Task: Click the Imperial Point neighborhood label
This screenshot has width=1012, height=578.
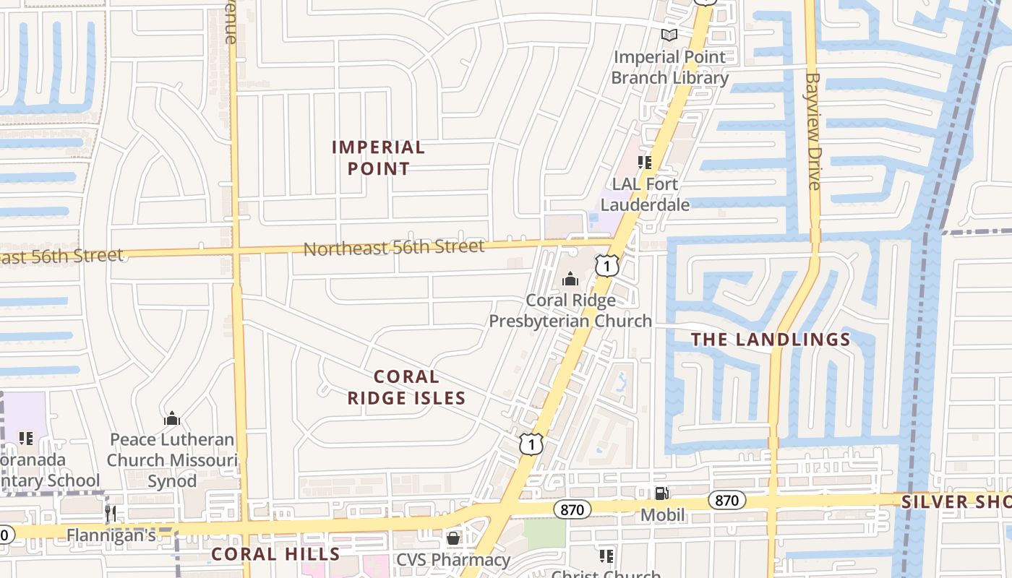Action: tap(378, 158)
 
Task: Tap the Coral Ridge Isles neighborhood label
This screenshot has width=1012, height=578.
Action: tap(406, 387)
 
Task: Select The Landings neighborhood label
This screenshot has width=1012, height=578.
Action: tap(771, 340)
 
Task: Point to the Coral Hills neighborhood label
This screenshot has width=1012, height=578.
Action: tap(275, 554)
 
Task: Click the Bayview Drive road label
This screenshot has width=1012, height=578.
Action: tap(813, 131)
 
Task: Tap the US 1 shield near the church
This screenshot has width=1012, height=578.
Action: tap(607, 266)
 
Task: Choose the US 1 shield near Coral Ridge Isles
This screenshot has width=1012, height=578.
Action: tap(531, 444)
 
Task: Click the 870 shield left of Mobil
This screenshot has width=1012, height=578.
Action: tap(572, 509)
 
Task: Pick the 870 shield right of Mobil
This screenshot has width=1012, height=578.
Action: tap(726, 500)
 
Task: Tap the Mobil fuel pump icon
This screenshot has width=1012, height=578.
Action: tap(661, 493)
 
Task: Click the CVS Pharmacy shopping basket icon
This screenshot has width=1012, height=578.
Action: tap(453, 538)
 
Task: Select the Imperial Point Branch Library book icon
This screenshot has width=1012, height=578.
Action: tap(669, 35)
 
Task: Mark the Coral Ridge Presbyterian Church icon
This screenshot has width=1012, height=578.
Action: tap(570, 279)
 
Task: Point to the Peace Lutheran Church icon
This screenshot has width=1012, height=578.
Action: tap(172, 418)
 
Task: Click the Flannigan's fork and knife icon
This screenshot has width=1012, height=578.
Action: tap(111, 514)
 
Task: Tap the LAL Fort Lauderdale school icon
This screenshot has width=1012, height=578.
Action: tap(644, 163)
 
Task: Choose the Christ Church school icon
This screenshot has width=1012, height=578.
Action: tap(606, 556)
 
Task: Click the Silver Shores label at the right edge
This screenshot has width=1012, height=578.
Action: tap(956, 501)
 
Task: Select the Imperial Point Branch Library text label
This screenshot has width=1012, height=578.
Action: tap(669, 67)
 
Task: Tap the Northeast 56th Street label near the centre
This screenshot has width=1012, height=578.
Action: tap(394, 247)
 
